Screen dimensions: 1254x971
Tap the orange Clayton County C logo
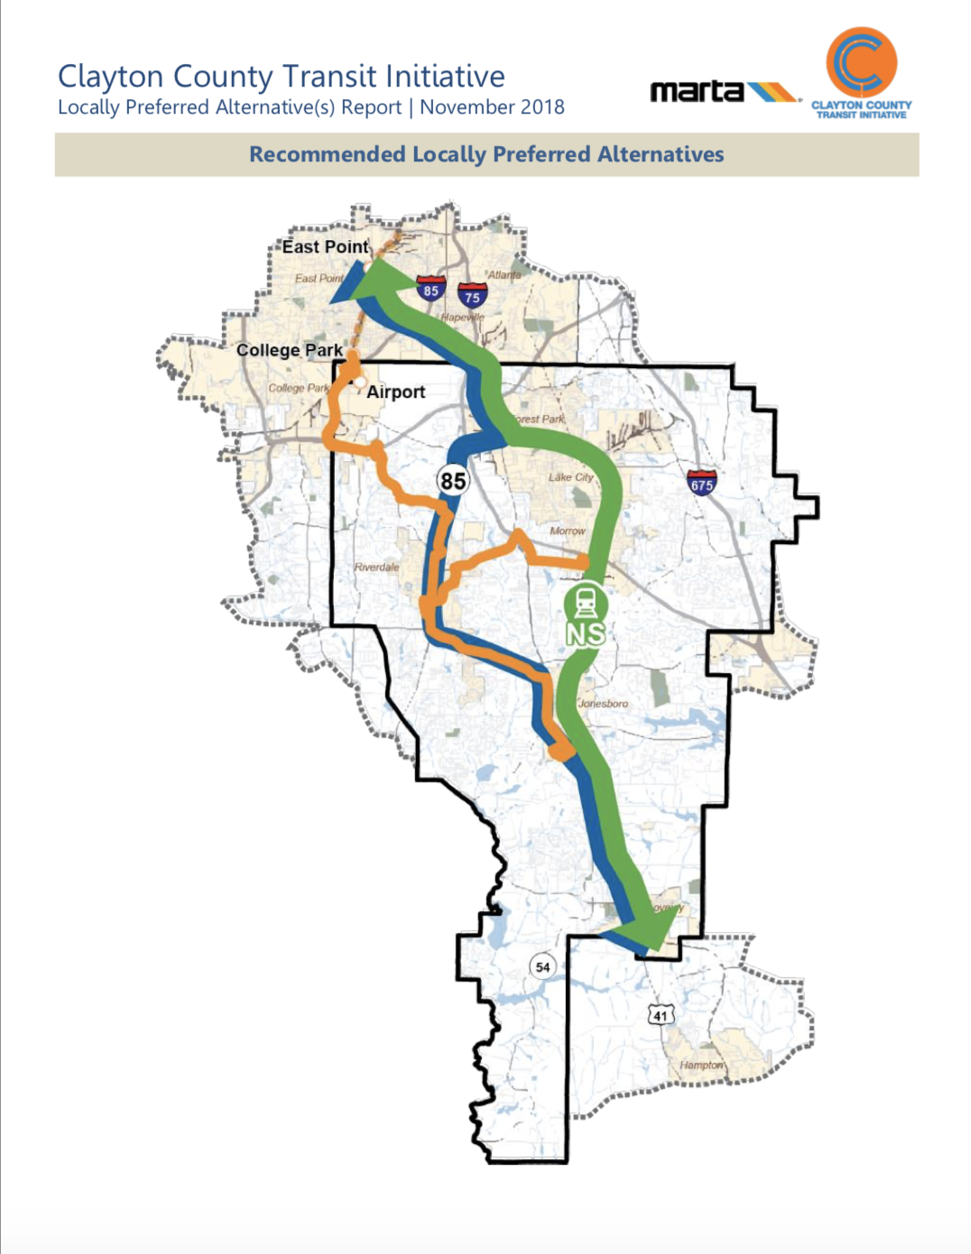point(861,62)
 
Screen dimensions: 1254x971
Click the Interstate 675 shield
point(701,483)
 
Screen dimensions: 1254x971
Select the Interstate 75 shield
point(472,295)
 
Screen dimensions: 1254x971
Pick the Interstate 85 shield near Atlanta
point(430,288)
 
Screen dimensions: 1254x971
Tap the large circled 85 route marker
point(453,480)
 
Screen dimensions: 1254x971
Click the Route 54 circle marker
point(542,967)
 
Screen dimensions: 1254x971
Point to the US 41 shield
point(661,1015)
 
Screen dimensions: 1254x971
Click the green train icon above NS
point(586,602)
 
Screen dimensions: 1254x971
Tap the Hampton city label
point(701,1065)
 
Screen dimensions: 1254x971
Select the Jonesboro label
point(604,703)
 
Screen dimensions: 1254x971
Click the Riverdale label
point(376,567)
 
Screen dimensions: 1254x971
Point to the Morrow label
point(568,530)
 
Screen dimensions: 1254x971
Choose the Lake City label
point(571,477)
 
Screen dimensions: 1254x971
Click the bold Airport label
point(395,392)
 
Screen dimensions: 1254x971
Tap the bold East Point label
point(325,246)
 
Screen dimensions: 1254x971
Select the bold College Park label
point(289,350)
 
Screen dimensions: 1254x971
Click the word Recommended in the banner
point(327,154)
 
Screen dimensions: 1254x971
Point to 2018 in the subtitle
point(541,107)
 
